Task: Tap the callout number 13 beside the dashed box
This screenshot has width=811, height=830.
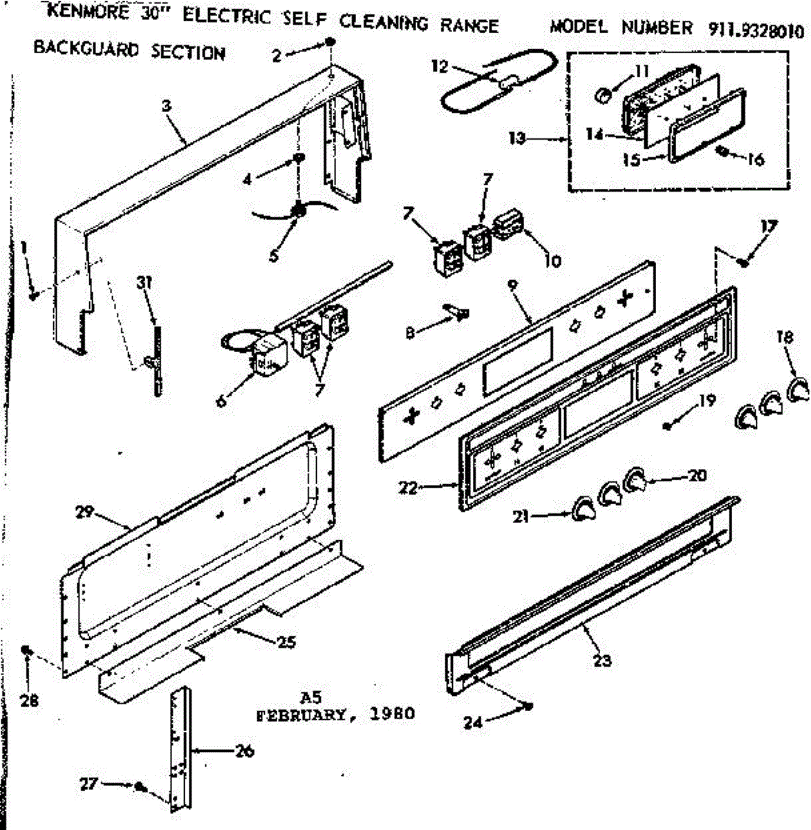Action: pos(516,138)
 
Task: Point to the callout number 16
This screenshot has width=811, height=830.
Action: pos(756,160)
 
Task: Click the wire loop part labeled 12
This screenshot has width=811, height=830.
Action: pos(498,81)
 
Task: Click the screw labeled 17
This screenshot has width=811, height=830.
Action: pos(744,261)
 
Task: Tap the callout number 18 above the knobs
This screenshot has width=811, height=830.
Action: pos(784,338)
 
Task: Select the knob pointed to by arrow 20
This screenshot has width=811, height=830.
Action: pos(636,479)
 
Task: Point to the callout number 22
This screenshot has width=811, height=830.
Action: pos(407,488)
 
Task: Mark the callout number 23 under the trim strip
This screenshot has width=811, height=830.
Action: pos(602,661)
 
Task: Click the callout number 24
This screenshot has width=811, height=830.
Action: pos(472,722)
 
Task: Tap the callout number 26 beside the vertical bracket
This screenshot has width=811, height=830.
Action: pos(245,750)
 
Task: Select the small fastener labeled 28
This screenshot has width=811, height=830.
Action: pos(28,652)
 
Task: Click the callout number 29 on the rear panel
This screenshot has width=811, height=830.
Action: pos(84,513)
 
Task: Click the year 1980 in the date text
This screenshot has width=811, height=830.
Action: pos(392,714)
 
